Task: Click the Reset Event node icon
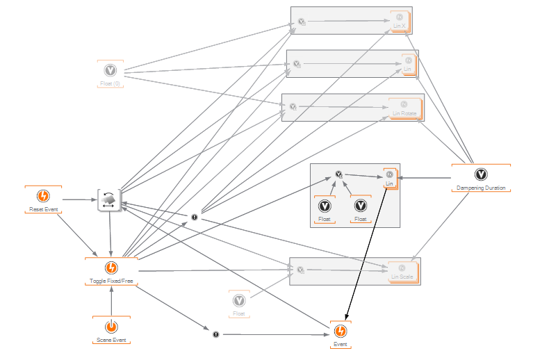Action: point(42,197)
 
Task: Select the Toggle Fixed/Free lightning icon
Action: point(111,268)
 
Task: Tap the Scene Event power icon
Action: point(111,327)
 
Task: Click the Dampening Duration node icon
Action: point(480,174)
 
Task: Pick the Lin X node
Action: point(400,22)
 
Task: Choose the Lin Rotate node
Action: point(404,108)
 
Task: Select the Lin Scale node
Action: point(402,272)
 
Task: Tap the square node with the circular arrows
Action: point(110,200)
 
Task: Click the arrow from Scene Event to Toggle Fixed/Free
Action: point(111,300)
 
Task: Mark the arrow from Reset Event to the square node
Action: point(78,200)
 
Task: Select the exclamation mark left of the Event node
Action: point(216,334)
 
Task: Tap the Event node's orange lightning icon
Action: point(340,332)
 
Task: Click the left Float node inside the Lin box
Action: point(325,206)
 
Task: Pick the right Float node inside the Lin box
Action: point(360,206)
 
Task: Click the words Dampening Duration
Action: point(480,188)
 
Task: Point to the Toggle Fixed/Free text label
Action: point(111,281)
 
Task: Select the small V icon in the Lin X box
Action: point(302,22)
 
